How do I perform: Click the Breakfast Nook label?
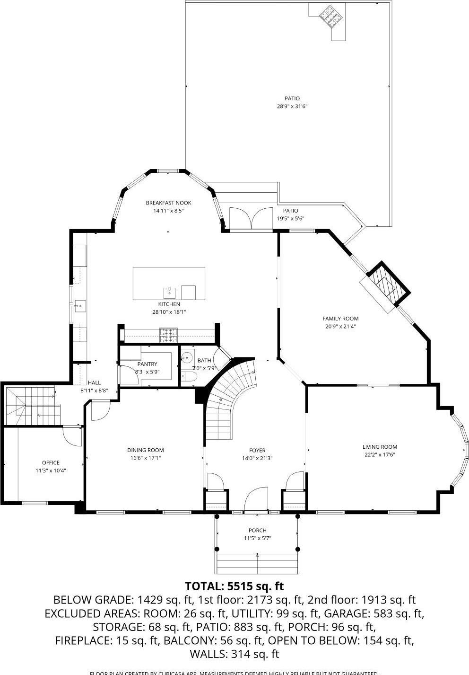click(x=168, y=203)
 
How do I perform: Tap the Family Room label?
click(x=340, y=319)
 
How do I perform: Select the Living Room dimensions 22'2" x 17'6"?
click(x=379, y=454)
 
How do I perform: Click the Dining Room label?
click(x=146, y=450)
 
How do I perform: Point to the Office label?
click(x=51, y=462)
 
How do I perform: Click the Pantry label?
click(x=147, y=364)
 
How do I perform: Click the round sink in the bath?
click(x=187, y=357)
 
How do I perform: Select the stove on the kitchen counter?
click(x=168, y=335)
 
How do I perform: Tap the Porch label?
click(x=258, y=530)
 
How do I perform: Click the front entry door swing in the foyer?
click(x=256, y=501)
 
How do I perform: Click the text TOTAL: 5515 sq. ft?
click(x=234, y=586)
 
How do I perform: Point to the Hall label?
click(x=94, y=382)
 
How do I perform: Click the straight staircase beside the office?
click(x=33, y=406)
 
